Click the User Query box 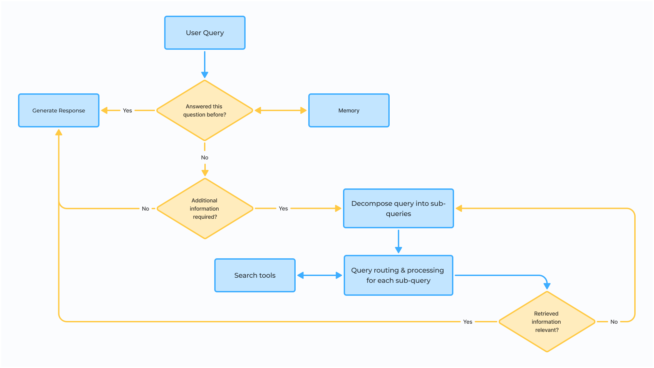pyautogui.click(x=205, y=33)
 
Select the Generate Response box pyautogui.click(x=59, y=110)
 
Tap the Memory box pyautogui.click(x=349, y=110)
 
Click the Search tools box pyautogui.click(x=255, y=275)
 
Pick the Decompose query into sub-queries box pyautogui.click(x=399, y=208)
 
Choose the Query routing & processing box pyautogui.click(x=399, y=275)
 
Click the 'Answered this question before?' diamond pyautogui.click(x=205, y=110)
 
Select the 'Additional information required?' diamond pyautogui.click(x=205, y=209)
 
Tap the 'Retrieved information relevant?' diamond pyautogui.click(x=547, y=322)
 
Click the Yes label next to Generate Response pyautogui.click(x=127, y=110)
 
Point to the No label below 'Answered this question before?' pyautogui.click(x=205, y=157)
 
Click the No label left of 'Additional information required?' pyautogui.click(x=145, y=209)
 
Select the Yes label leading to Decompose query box pyautogui.click(x=283, y=209)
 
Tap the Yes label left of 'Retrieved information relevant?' pyautogui.click(x=468, y=322)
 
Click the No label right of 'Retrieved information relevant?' pyautogui.click(x=614, y=322)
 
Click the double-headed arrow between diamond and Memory pyautogui.click(x=281, y=110)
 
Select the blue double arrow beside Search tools pyautogui.click(x=320, y=275)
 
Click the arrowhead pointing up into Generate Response pyautogui.click(x=59, y=133)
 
